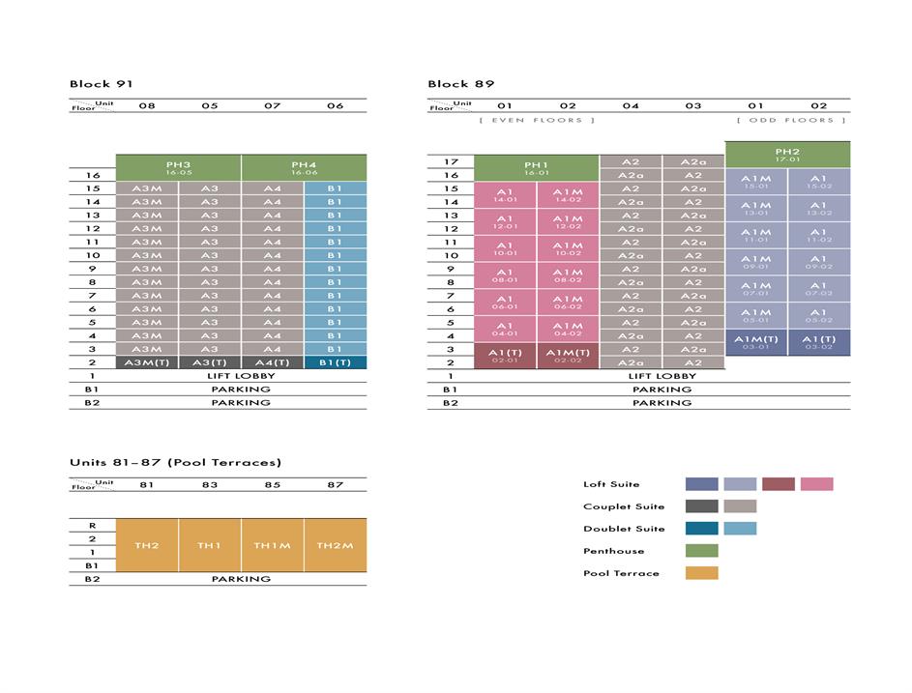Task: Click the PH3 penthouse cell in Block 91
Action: click(x=178, y=167)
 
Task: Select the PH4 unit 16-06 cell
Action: click(x=304, y=167)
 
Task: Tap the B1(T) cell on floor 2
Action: click(x=335, y=362)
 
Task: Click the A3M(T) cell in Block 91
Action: click(x=147, y=362)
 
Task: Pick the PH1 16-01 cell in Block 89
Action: click(x=536, y=168)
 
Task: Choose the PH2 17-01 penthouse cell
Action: click(x=787, y=155)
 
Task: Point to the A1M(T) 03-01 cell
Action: click(x=755, y=342)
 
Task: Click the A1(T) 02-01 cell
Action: click(x=505, y=356)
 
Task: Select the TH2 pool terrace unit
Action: click(x=147, y=545)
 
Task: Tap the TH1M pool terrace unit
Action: click(x=272, y=545)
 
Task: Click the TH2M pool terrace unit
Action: click(x=335, y=545)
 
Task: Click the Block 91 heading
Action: click(x=102, y=84)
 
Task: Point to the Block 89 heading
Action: click(x=460, y=84)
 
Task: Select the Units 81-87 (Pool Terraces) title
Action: click(x=175, y=462)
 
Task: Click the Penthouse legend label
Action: click(x=613, y=551)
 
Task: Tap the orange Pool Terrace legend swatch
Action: click(x=701, y=573)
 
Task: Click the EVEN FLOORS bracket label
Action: click(x=537, y=120)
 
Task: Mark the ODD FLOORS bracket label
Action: click(x=791, y=120)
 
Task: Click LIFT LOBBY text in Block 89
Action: click(x=662, y=376)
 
